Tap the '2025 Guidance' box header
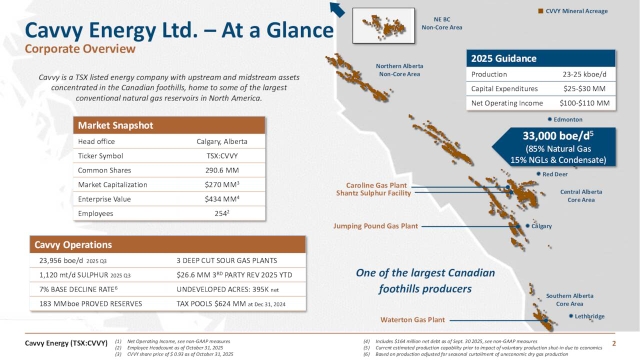click(504, 58)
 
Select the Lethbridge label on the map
click(587, 316)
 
